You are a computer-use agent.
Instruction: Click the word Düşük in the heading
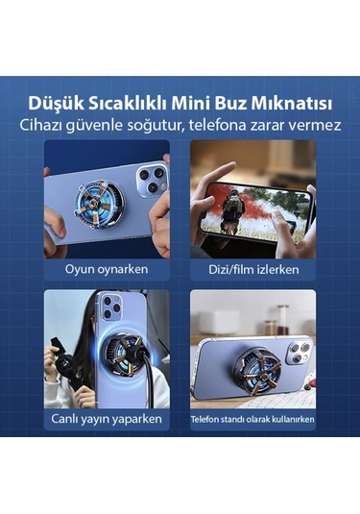tap(56, 101)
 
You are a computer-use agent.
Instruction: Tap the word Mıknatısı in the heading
tap(294, 101)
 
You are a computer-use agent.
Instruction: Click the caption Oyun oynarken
tap(107, 269)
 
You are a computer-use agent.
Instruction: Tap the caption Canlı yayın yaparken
tap(107, 420)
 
